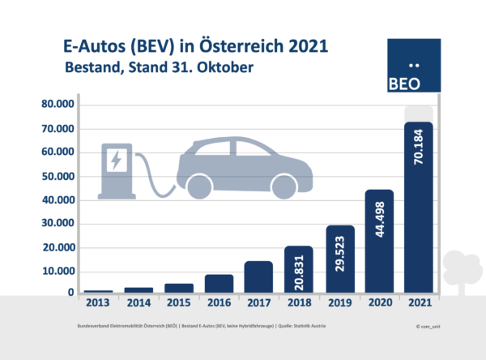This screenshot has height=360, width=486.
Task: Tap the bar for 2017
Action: [258, 276]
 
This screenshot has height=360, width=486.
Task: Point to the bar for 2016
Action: [219, 283]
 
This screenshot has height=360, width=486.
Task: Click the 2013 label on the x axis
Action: [97, 303]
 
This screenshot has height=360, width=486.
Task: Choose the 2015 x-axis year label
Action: [178, 303]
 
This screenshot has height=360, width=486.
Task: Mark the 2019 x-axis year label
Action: [339, 303]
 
